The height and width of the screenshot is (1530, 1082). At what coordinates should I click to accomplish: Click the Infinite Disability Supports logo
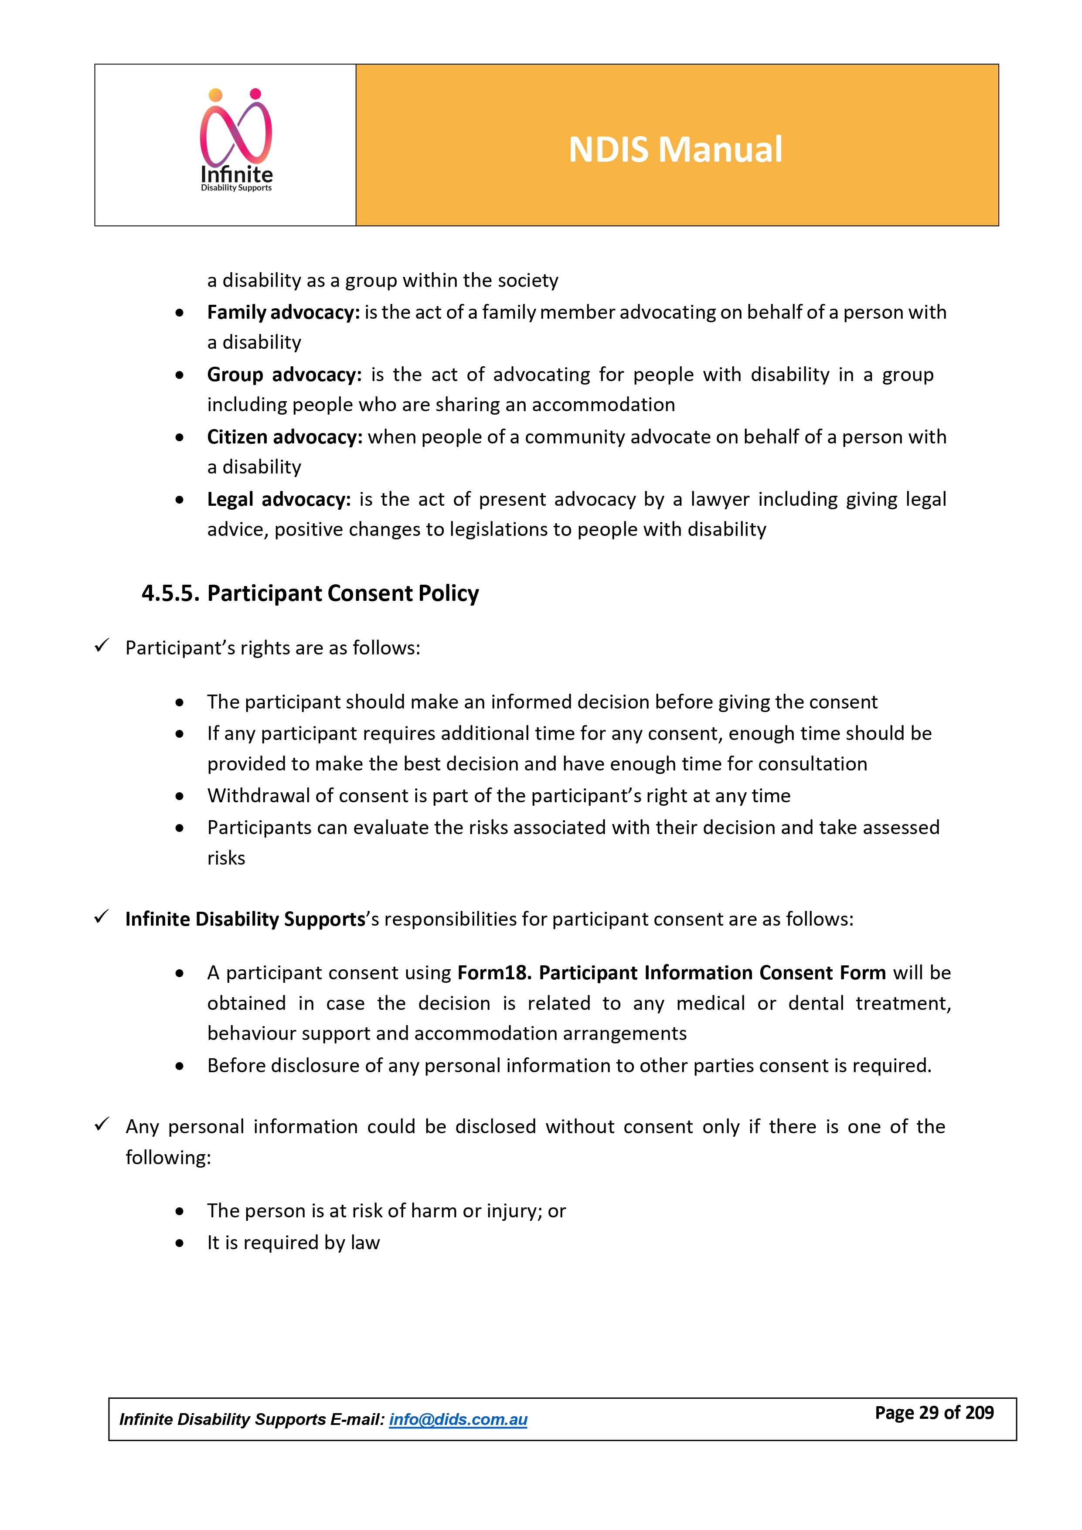coord(237,141)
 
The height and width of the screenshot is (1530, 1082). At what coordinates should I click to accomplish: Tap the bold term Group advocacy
coord(284,375)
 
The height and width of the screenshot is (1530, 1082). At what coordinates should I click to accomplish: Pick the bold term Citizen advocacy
coord(285,437)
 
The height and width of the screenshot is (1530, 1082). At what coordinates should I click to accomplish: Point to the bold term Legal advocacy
coord(279,499)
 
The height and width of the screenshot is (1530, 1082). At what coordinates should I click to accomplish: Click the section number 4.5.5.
coord(170,593)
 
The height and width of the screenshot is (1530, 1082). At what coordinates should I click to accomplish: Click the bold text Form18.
coord(493,973)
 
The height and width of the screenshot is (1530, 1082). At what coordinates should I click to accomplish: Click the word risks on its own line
coord(226,858)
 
